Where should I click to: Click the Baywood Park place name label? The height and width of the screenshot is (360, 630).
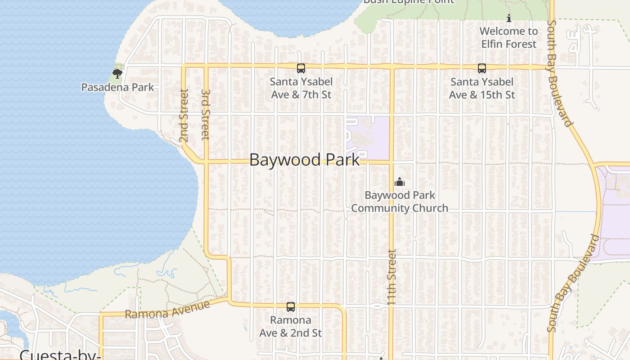(x=305, y=160)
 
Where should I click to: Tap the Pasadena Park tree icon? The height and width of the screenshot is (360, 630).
(x=117, y=73)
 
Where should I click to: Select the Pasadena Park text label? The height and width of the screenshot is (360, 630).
(x=117, y=87)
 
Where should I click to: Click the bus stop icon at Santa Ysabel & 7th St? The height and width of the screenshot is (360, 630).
(x=301, y=68)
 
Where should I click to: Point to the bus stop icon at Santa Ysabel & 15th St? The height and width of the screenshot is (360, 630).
(x=482, y=68)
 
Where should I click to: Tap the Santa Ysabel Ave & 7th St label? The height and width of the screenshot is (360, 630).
(x=301, y=88)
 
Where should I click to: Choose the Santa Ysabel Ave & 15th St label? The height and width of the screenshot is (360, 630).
(x=482, y=88)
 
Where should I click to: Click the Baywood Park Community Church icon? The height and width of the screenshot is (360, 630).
(x=400, y=182)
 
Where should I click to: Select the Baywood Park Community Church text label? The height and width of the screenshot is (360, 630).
(x=400, y=202)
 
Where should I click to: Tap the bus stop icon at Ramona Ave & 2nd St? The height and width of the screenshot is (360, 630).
(x=291, y=307)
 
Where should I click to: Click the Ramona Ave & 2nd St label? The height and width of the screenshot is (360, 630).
(x=291, y=326)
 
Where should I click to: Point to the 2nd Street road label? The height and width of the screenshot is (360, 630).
(x=184, y=115)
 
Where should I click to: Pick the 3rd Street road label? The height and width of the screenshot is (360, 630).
(x=205, y=114)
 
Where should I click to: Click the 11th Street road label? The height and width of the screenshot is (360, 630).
(x=391, y=277)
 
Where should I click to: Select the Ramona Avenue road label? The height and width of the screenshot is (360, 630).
(x=167, y=310)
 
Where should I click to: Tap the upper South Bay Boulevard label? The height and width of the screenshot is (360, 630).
(x=560, y=73)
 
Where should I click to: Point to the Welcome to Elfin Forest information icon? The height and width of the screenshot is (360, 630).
(x=509, y=18)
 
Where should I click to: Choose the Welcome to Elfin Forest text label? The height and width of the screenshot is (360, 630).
(x=509, y=37)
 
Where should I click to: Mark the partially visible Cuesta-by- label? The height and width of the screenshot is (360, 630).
(x=59, y=355)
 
